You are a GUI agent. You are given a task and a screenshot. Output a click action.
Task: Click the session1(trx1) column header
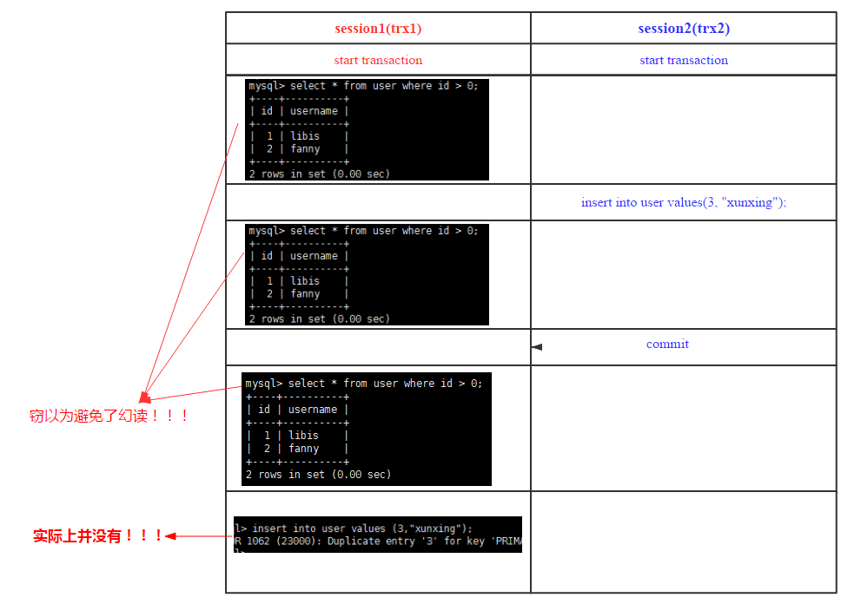tap(378, 29)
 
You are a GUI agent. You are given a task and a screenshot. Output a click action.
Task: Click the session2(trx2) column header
tap(684, 29)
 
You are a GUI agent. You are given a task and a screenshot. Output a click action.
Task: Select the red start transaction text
tap(378, 61)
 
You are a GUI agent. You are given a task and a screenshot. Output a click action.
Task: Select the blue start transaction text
tap(684, 61)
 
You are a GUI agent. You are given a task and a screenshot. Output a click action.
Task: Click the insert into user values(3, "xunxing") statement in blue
tap(684, 202)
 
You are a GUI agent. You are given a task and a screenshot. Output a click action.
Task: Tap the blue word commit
tap(667, 345)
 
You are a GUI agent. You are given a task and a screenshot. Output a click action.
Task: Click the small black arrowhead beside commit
tap(537, 347)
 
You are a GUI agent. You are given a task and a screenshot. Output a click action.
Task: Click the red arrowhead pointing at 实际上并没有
tap(171, 536)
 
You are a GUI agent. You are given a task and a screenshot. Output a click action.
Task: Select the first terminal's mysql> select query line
tap(363, 86)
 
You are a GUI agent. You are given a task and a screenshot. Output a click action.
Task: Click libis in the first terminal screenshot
tap(305, 136)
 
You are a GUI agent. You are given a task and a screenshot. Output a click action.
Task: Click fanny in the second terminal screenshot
tap(305, 294)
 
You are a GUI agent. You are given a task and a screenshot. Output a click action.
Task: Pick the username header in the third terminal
tap(313, 410)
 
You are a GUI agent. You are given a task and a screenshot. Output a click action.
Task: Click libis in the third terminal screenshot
tap(303, 436)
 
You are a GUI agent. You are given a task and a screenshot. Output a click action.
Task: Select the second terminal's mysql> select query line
tap(363, 231)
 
